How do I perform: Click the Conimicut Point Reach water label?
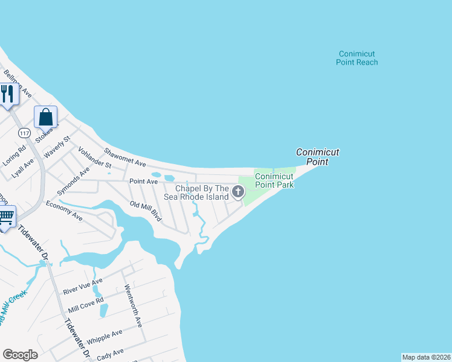pos(358,58)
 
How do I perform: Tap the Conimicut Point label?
pos(317,157)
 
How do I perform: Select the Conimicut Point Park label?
pos(274,180)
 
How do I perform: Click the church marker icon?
pos(238,192)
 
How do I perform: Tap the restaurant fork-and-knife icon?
pos(7,94)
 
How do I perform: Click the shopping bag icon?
pos(46,116)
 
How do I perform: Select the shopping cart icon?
pos(5,216)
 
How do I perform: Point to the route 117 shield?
pos(24,133)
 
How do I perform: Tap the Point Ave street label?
pos(144,181)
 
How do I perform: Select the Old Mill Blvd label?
pos(146,211)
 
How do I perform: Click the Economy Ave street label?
pos(64,210)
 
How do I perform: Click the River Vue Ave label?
pos(84,286)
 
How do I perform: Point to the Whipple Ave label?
pos(105,336)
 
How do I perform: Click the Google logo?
pos(20,355)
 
